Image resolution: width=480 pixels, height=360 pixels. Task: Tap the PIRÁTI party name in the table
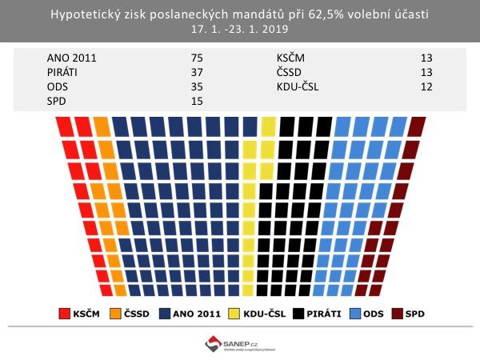point(67,72)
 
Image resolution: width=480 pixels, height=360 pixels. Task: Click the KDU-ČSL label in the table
point(298,86)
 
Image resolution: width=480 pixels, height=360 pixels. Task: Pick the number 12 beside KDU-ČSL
point(426,86)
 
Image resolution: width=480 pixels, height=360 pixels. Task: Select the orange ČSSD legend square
point(115,313)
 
